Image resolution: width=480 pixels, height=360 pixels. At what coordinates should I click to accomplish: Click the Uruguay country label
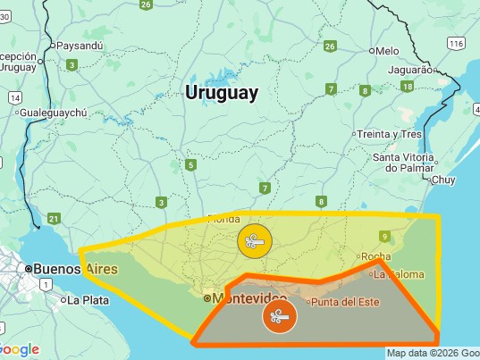coord(222,92)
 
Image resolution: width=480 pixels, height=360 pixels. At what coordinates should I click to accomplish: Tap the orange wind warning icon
coord(277,316)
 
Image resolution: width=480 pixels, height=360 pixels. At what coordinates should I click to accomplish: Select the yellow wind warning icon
coord(253,240)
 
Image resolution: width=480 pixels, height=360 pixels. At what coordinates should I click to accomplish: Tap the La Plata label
coord(88,300)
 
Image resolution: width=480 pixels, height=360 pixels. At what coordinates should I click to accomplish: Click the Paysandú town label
coord(81,45)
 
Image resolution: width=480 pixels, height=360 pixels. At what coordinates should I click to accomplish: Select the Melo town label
coord(387,51)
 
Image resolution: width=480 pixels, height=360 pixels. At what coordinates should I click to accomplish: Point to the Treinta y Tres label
coord(389,134)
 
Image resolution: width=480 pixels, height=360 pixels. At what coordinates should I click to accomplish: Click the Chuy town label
coord(443,180)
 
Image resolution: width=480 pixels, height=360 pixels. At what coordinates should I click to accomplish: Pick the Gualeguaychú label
coord(54,113)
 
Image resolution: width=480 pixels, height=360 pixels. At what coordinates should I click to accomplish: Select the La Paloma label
coord(397,274)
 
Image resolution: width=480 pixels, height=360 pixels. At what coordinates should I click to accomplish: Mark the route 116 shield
coord(457,43)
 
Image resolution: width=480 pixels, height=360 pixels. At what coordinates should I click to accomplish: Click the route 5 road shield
coord(190,164)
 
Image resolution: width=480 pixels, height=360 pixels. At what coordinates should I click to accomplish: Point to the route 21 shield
coord(55,219)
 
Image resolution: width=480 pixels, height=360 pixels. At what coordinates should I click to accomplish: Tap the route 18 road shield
coord(407,87)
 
